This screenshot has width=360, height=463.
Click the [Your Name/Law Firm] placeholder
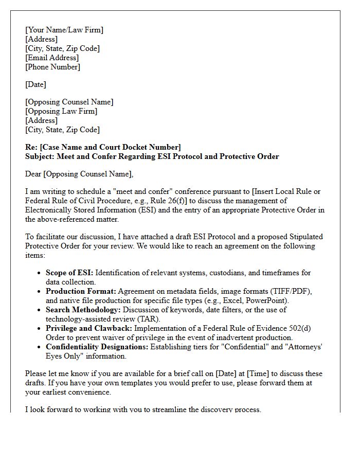(x=64, y=30)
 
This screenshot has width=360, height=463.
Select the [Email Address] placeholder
(x=52, y=58)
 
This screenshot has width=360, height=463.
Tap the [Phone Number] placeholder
(x=53, y=67)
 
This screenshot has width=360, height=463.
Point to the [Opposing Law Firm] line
(x=61, y=111)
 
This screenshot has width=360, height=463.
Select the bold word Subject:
(x=40, y=156)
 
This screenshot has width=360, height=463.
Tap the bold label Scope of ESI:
(x=69, y=273)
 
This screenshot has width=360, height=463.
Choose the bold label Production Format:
(x=81, y=291)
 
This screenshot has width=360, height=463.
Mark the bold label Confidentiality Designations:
(x=97, y=347)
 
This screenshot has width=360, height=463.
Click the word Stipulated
(x=304, y=237)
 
